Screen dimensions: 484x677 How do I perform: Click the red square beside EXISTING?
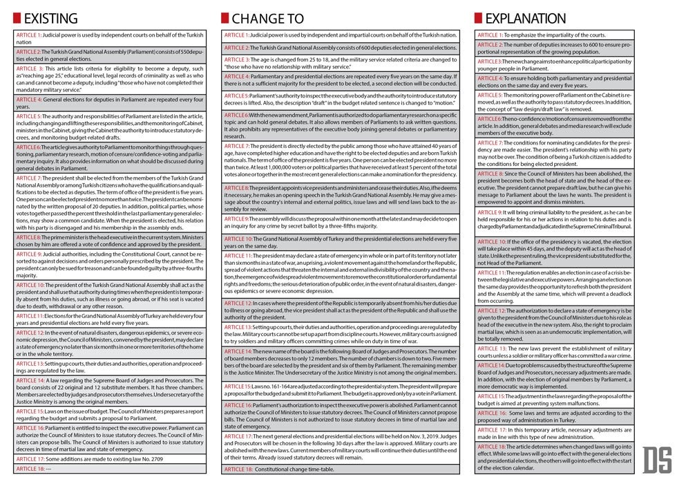[x=17, y=19]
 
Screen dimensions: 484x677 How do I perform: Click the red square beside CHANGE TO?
[x=225, y=19]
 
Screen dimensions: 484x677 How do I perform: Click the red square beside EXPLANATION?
[x=478, y=19]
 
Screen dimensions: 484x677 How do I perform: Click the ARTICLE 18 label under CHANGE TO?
[x=239, y=469]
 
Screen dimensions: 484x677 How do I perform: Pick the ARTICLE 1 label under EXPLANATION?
[x=490, y=35]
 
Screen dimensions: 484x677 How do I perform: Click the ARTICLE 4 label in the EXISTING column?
[x=30, y=100]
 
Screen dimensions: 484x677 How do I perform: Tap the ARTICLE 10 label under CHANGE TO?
[x=239, y=239]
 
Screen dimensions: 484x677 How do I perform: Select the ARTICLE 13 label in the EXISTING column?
[x=32, y=363]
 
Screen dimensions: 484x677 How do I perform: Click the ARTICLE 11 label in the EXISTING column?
[x=31, y=315]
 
